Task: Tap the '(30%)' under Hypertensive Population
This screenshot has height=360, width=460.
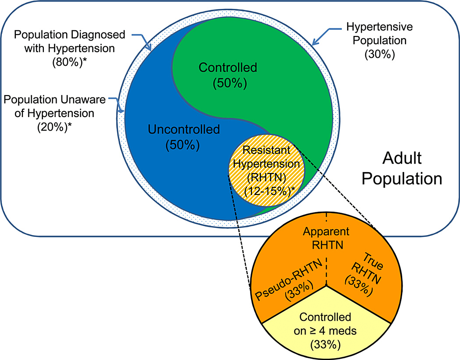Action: tap(380, 54)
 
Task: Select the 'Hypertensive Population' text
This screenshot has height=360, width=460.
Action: tap(380, 34)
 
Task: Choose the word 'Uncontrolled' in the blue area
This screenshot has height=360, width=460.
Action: tap(183, 129)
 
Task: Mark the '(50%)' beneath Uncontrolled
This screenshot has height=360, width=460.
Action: tap(182, 145)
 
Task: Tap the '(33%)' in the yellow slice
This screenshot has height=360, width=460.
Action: tap(325, 345)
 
